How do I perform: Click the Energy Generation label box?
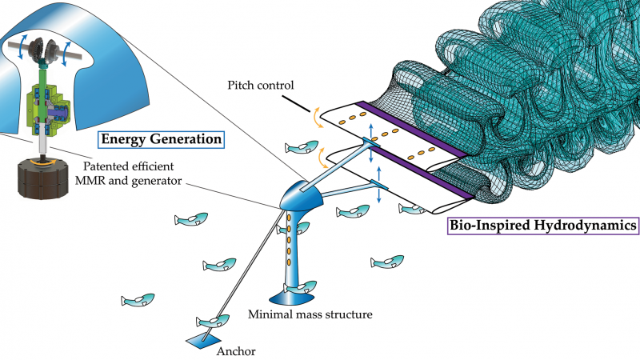(x=159, y=139)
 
